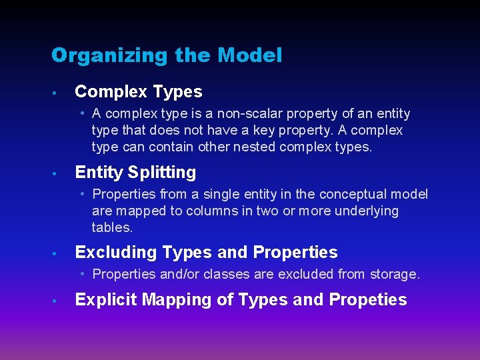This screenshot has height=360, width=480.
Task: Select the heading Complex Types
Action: coord(139,92)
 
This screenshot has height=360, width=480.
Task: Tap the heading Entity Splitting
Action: coord(135,173)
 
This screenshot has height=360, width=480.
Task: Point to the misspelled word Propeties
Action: coord(368,300)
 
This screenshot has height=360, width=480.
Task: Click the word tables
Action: coord(112,227)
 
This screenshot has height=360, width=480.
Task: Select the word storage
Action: coord(396,274)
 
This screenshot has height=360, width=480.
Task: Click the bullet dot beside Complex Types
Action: coord(59,93)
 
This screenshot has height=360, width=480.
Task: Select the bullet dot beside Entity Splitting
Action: coord(59,173)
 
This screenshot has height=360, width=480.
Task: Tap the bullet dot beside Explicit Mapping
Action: coord(59,301)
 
